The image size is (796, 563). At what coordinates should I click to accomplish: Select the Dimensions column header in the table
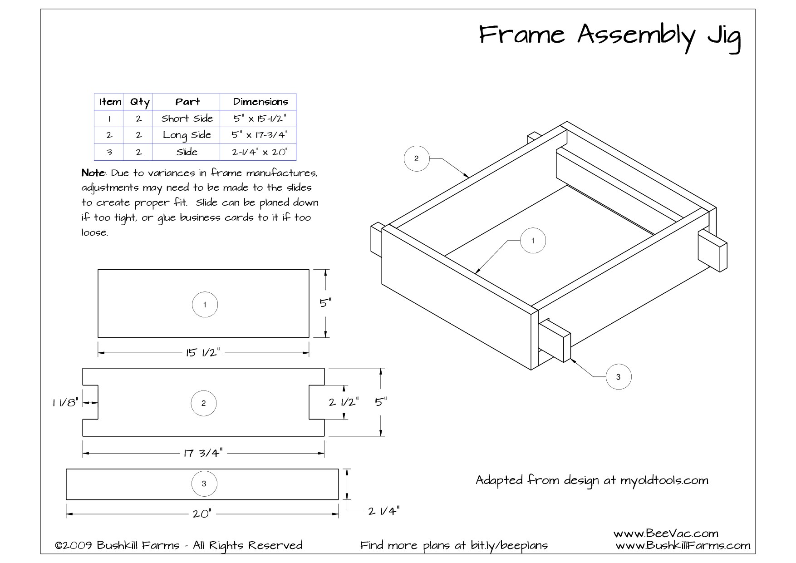[x=260, y=102]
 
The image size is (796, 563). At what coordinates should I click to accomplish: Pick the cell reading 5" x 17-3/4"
[x=259, y=135]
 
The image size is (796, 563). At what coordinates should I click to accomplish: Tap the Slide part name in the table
[x=187, y=152]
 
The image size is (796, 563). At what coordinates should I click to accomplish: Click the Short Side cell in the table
[x=187, y=119]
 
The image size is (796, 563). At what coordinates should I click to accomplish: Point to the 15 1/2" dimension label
[x=203, y=352]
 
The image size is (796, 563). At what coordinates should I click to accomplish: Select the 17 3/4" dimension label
[x=203, y=453]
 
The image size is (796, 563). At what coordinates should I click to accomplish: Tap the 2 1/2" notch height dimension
[x=344, y=402]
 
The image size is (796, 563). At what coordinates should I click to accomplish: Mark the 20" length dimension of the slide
[x=201, y=514]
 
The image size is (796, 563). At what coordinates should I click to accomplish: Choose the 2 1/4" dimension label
[x=383, y=511]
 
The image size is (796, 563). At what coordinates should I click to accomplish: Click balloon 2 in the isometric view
[x=416, y=158]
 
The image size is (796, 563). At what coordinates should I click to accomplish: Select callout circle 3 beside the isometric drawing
[x=618, y=376]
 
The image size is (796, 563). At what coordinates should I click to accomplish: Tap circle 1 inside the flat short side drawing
[x=205, y=305]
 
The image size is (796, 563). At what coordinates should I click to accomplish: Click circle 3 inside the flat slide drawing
[x=204, y=484]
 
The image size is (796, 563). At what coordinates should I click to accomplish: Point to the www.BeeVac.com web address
[x=665, y=533]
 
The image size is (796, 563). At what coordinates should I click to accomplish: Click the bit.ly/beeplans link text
[x=509, y=545]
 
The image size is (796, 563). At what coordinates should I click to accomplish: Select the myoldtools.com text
[x=664, y=480]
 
